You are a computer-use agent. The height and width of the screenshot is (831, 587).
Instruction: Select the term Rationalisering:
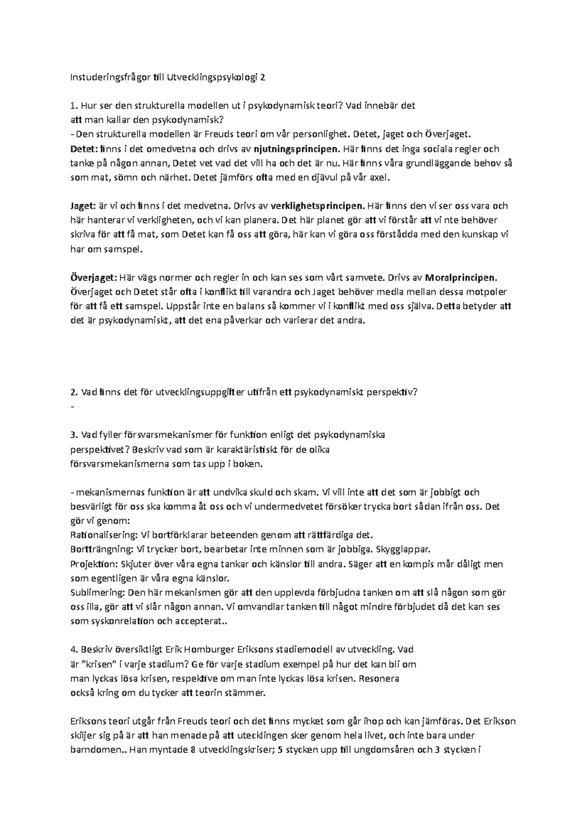coord(103,535)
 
